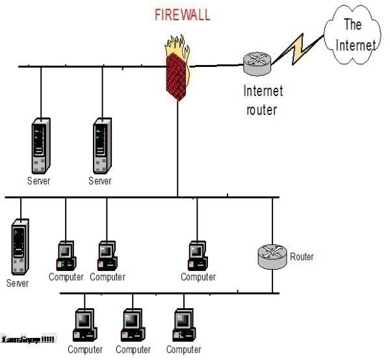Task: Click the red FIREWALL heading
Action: pos(182,15)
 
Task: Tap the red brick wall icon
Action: pos(177,75)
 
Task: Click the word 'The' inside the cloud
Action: pos(352,25)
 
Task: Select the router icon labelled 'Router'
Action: pos(272,257)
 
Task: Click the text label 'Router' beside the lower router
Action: pos(302,257)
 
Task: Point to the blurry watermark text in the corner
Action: pos(28,340)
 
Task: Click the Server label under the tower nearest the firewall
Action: pos(100,181)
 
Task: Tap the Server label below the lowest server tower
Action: pos(18,283)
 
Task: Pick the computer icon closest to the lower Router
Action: pos(197,255)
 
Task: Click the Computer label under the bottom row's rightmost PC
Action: pos(183,350)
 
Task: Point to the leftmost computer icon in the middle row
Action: pos(66,255)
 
